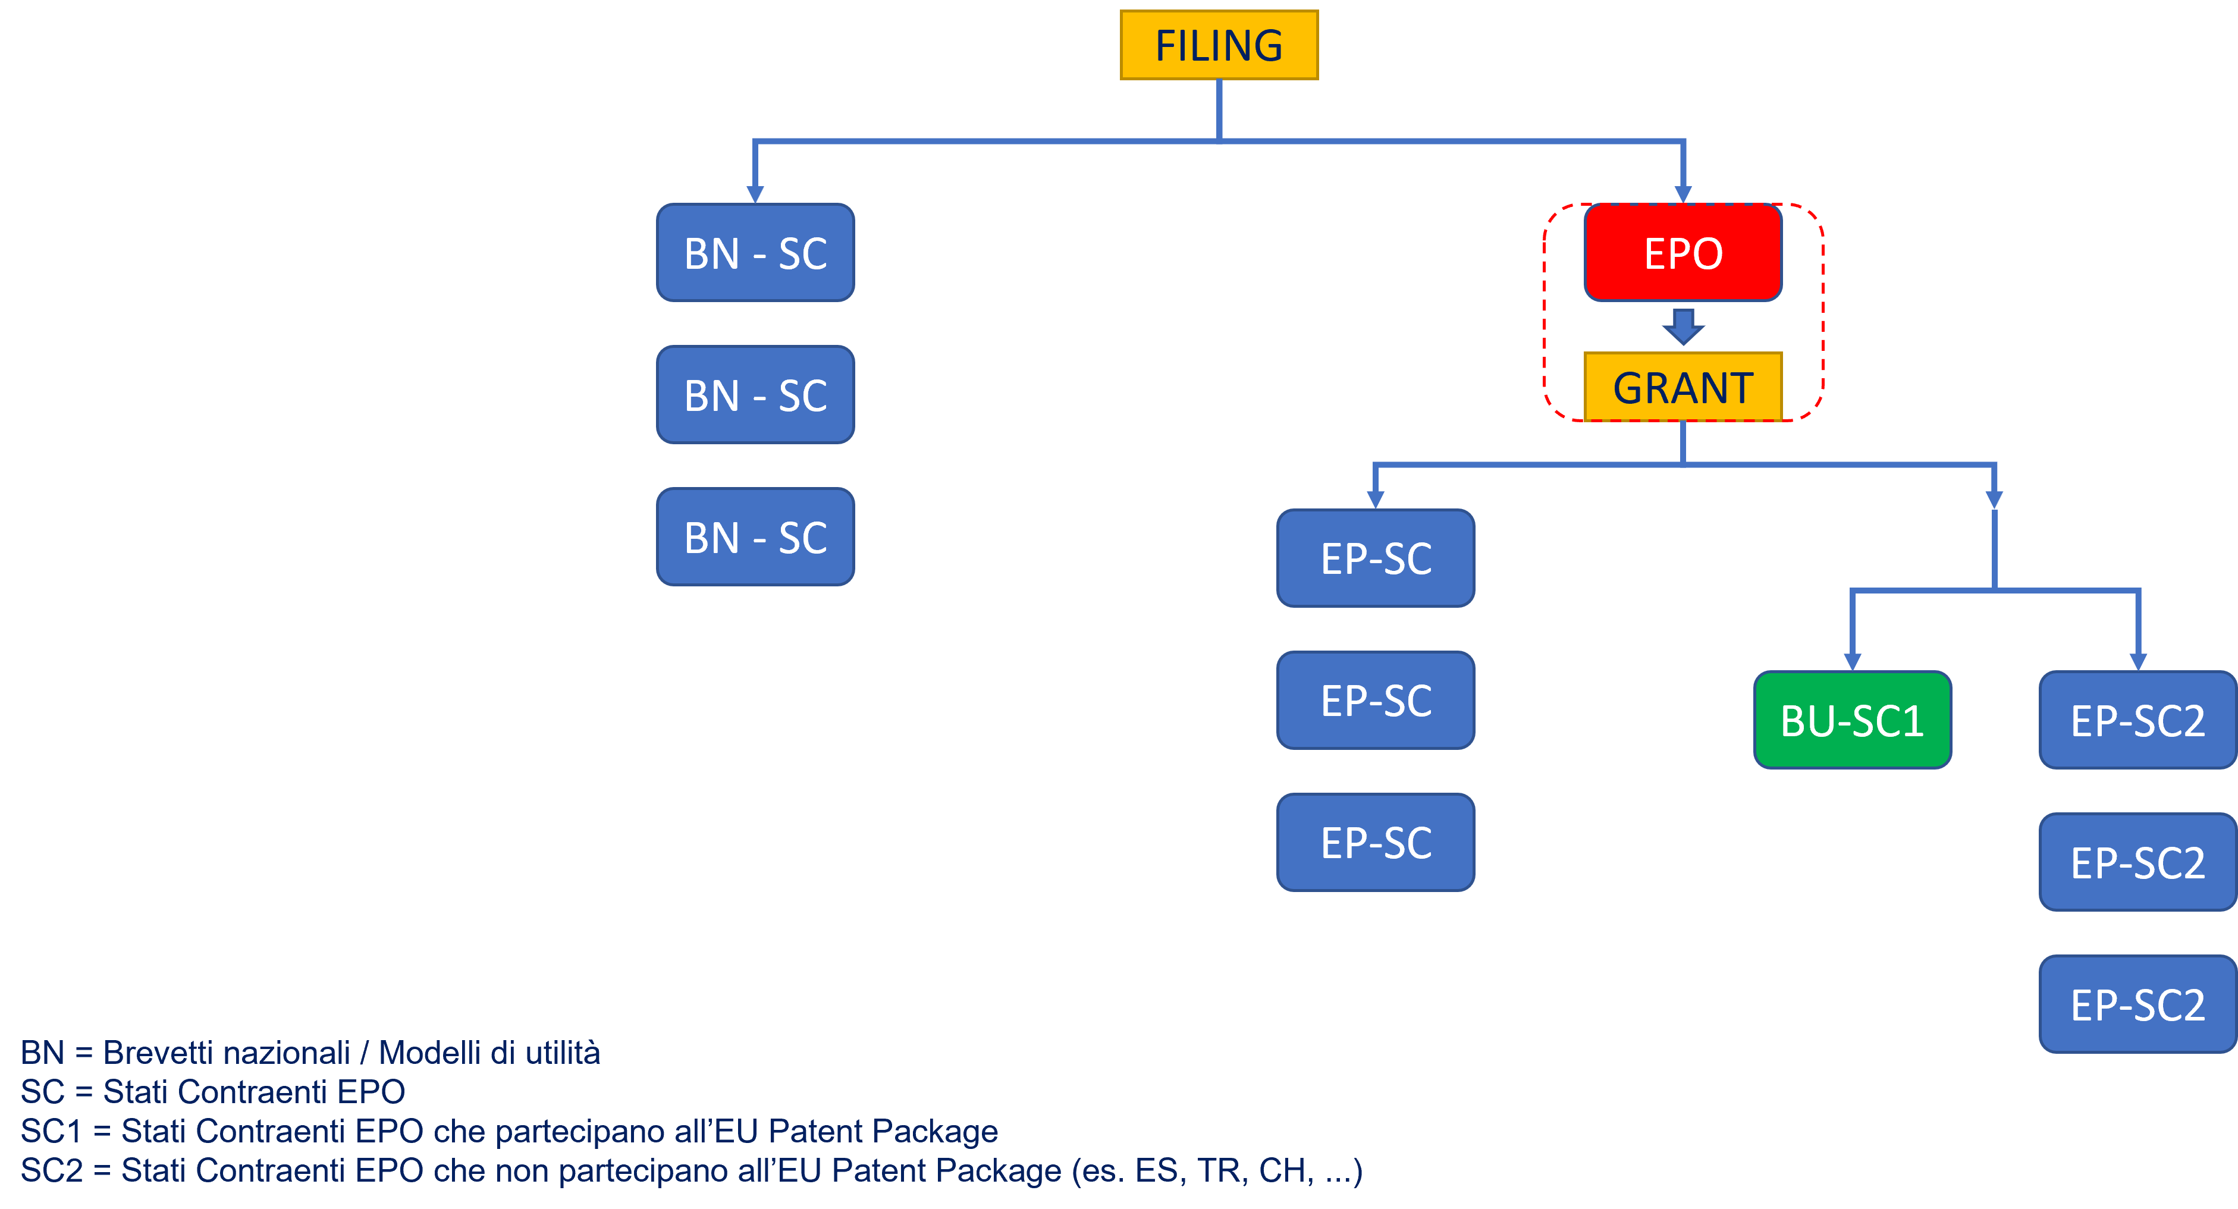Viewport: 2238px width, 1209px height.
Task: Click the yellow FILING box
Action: [1219, 45]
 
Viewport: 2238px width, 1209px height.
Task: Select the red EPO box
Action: [1683, 253]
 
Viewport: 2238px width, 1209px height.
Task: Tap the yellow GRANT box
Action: [1683, 387]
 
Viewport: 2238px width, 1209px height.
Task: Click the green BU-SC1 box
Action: [1852, 720]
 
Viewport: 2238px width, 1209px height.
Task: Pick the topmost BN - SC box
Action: [755, 253]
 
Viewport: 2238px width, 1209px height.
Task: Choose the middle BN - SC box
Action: [755, 395]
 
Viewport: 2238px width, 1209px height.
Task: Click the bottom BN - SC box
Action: [755, 537]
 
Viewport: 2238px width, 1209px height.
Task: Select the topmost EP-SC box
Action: [1375, 558]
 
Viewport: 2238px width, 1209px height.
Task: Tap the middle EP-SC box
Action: [1375, 700]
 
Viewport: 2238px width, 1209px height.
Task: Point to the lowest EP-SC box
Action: [1375, 843]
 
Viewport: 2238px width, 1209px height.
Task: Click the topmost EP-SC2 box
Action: [2137, 720]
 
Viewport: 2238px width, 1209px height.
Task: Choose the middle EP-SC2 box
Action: [2137, 862]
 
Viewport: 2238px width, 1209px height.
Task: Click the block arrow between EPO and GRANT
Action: [1683, 326]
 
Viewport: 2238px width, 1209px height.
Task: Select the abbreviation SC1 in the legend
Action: [51, 1131]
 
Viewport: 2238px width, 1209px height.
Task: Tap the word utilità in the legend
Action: [562, 1053]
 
